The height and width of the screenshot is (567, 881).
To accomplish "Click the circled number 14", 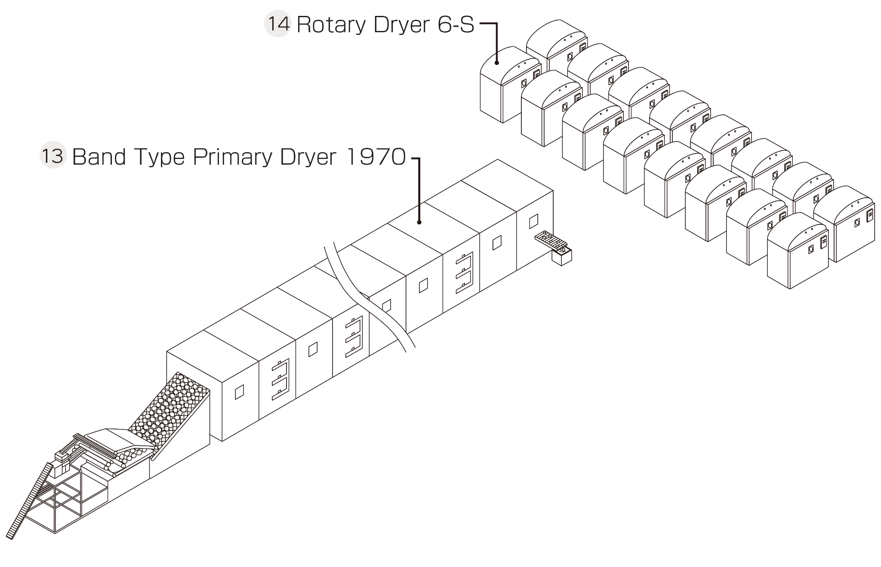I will tap(277, 24).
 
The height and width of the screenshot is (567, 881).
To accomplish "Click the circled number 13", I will tap(53, 156).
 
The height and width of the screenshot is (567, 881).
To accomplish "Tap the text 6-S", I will tap(456, 25).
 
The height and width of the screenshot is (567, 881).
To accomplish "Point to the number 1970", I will tap(376, 157).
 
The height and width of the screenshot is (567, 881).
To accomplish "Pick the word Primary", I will tap(232, 158).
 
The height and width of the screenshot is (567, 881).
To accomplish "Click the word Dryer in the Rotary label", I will tap(403, 25).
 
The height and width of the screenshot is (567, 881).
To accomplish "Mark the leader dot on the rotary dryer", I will tap(497, 63).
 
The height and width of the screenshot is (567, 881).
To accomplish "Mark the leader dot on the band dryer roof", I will tap(419, 222).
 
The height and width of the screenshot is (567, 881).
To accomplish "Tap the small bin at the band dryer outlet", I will tap(562, 257).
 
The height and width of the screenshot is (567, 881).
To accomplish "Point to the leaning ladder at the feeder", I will tap(28, 501).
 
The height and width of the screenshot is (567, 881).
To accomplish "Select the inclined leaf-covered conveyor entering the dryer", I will tap(172, 408).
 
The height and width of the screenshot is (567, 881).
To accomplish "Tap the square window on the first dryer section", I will tap(239, 392).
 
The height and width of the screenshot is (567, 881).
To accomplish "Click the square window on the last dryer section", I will tap(533, 221).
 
